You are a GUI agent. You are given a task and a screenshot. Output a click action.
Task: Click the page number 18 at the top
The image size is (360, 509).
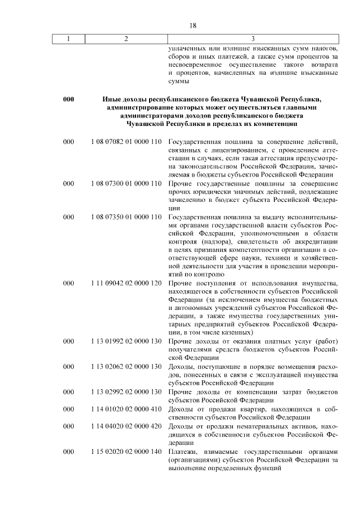[192, 25]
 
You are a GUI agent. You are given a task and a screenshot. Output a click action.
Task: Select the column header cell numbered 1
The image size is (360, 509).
[69, 38]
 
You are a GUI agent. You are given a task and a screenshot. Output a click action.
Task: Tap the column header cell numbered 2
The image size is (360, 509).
[126, 38]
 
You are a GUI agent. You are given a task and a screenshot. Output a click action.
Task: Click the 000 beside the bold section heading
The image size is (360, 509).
[69, 100]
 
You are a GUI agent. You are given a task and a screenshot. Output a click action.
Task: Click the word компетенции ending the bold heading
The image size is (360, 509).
[271, 124]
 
